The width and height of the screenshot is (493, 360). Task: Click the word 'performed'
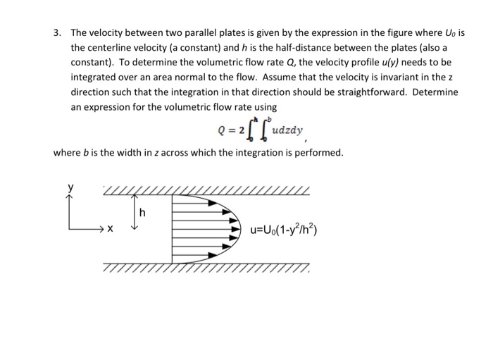tap(320, 152)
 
